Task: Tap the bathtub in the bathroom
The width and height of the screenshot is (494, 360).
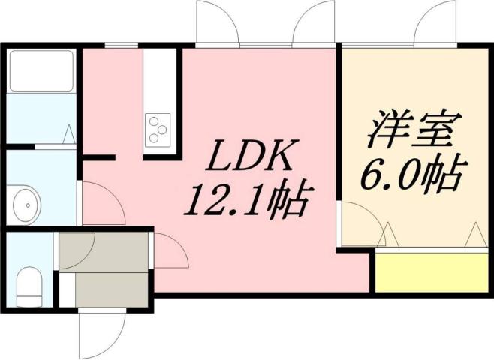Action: coord(42,72)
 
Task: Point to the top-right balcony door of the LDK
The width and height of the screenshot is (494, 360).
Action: coord(314,24)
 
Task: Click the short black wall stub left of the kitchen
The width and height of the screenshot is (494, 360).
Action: coord(98,158)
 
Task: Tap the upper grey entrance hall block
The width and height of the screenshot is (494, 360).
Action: coord(105,252)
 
